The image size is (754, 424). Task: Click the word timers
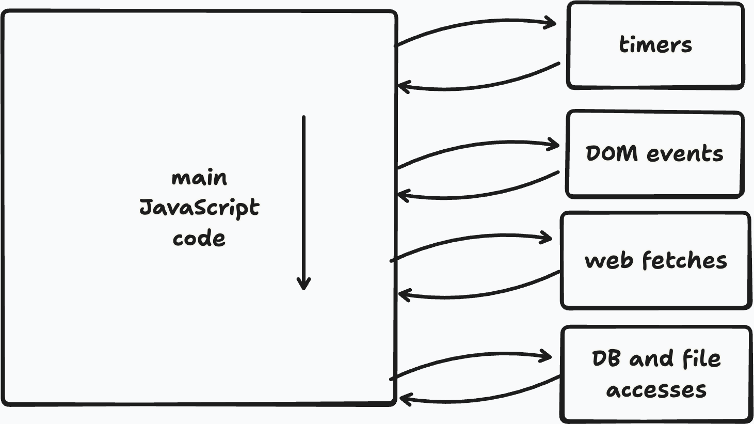(655, 45)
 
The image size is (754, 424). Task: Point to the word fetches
(684, 260)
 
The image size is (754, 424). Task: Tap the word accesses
(656, 389)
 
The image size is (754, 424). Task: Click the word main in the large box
(199, 178)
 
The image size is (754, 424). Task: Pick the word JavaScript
(199, 208)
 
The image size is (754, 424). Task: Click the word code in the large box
(199, 239)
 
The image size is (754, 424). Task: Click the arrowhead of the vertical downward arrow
(303, 284)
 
